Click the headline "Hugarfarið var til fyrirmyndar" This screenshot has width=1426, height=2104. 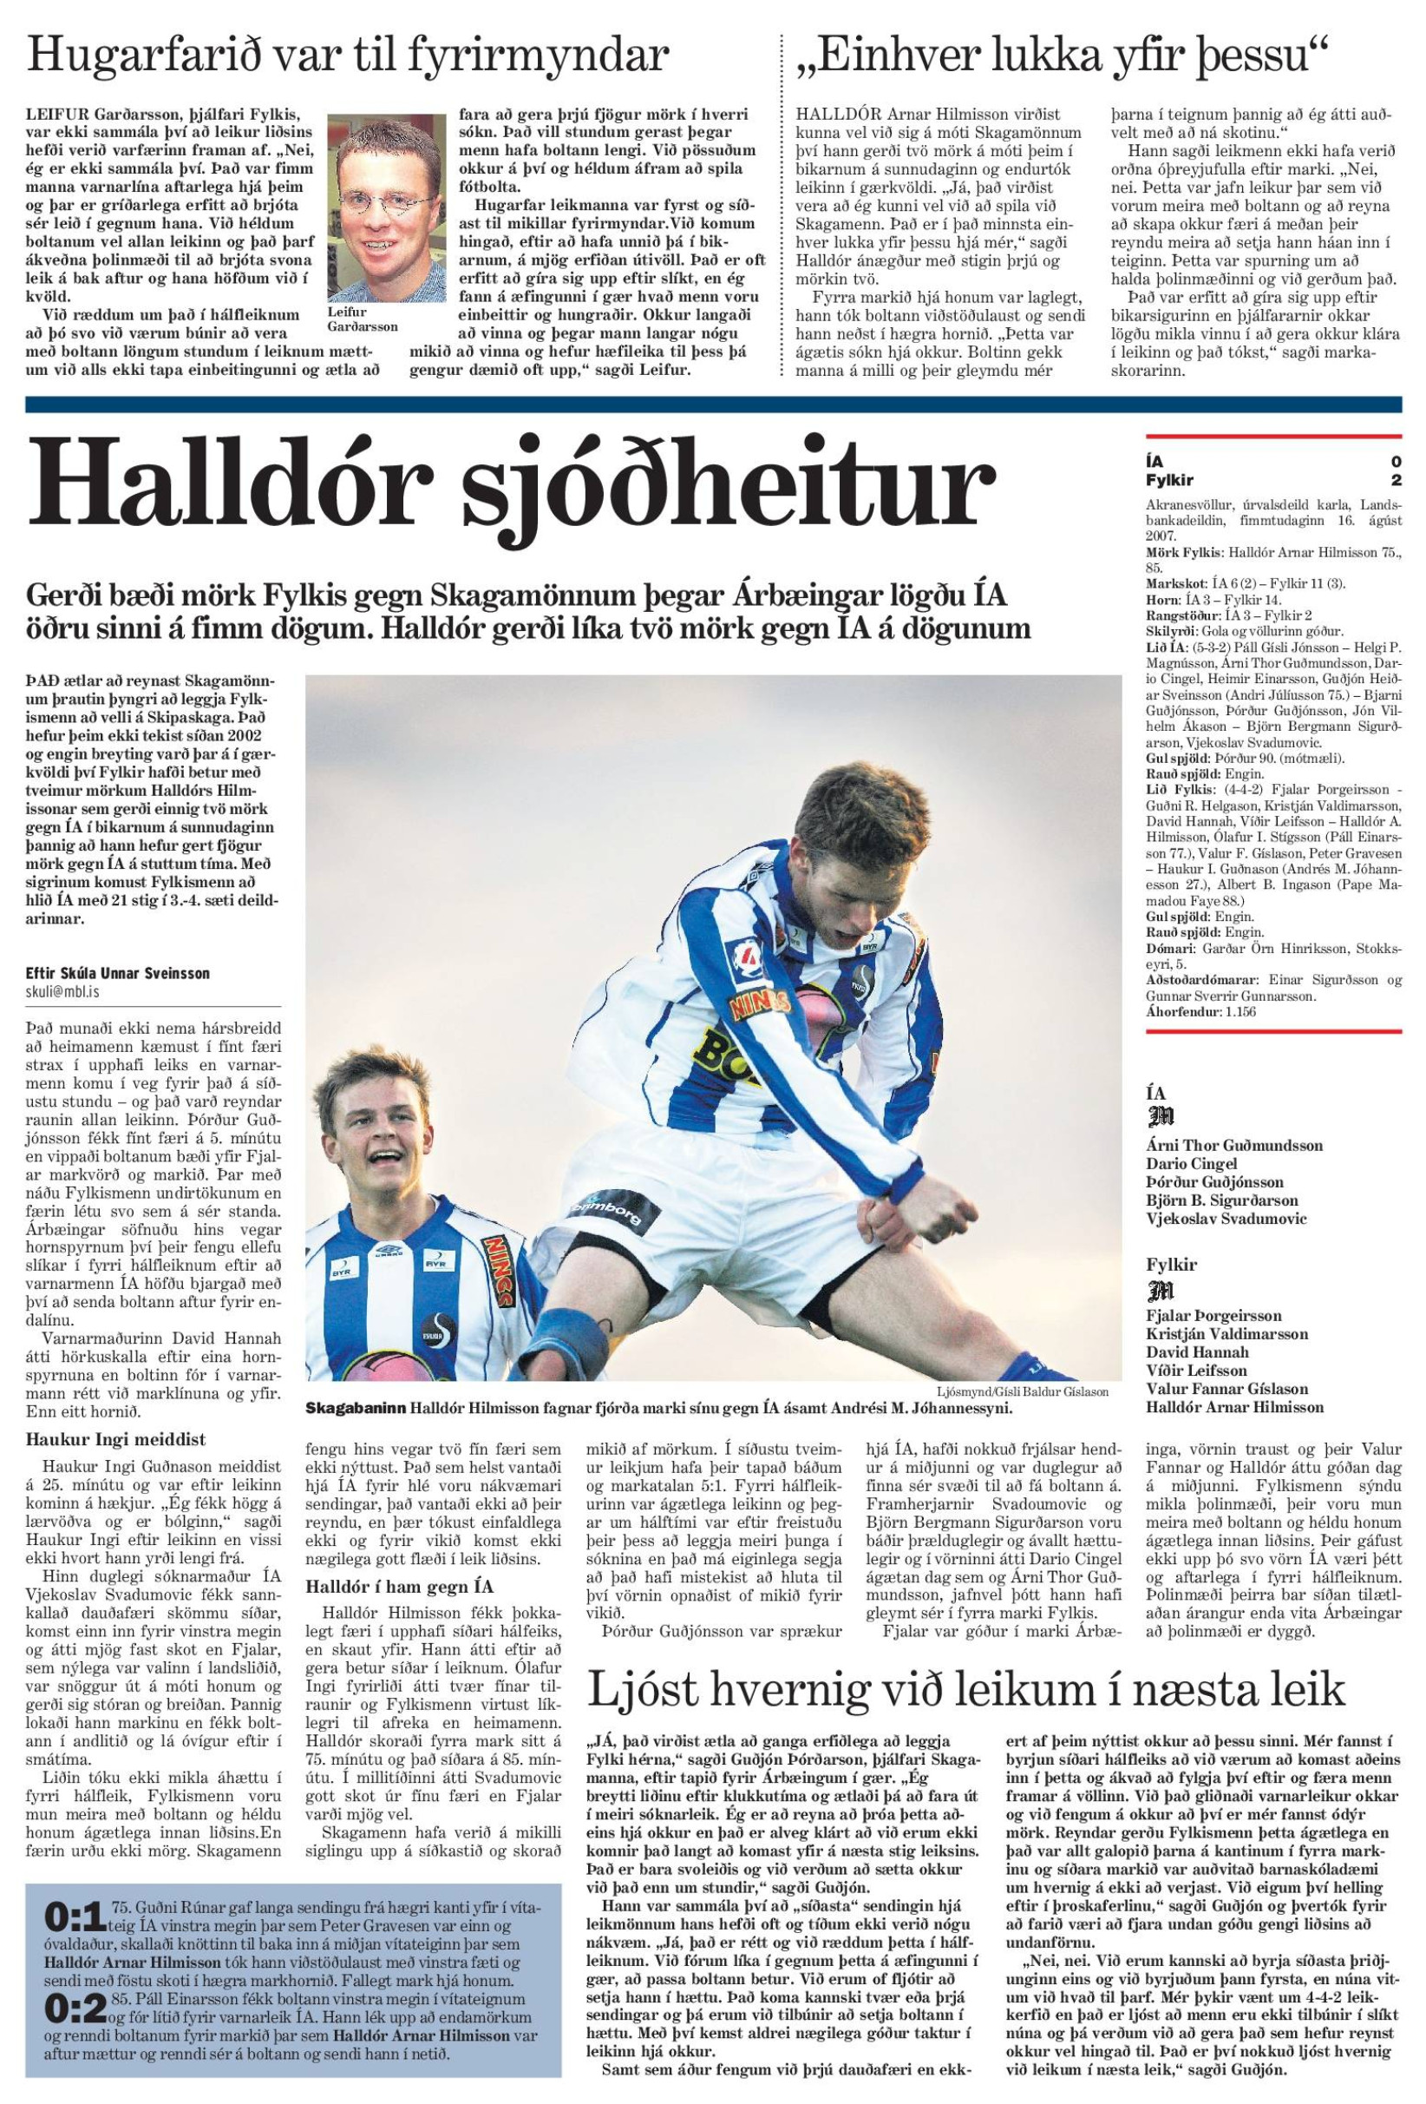[x=348, y=57]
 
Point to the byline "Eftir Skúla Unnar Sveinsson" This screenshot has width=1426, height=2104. [x=118, y=973]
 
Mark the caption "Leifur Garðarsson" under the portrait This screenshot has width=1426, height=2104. [x=363, y=319]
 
